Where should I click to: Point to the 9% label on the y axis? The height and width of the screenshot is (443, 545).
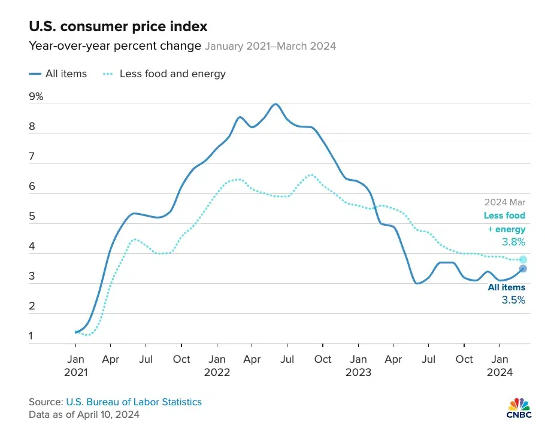(x=36, y=96)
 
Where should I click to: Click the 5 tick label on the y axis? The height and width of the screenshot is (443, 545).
(x=32, y=217)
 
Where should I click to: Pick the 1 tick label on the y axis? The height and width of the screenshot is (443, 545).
(x=32, y=336)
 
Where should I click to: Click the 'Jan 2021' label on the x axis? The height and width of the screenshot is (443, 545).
(x=75, y=365)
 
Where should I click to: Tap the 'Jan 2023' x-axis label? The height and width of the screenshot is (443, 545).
(x=358, y=365)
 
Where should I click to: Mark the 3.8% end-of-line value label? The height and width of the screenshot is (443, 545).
(x=513, y=242)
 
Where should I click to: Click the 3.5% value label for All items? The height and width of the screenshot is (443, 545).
(x=513, y=300)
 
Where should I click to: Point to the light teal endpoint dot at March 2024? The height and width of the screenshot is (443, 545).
(x=523, y=259)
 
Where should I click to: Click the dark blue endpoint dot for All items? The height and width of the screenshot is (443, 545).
(x=523, y=269)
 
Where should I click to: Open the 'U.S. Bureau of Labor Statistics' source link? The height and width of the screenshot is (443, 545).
(x=134, y=402)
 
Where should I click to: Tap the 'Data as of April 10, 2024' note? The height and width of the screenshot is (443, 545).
(x=84, y=414)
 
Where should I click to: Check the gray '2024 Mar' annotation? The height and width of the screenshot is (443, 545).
(x=504, y=202)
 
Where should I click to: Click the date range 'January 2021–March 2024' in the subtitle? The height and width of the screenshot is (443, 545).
(x=270, y=46)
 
